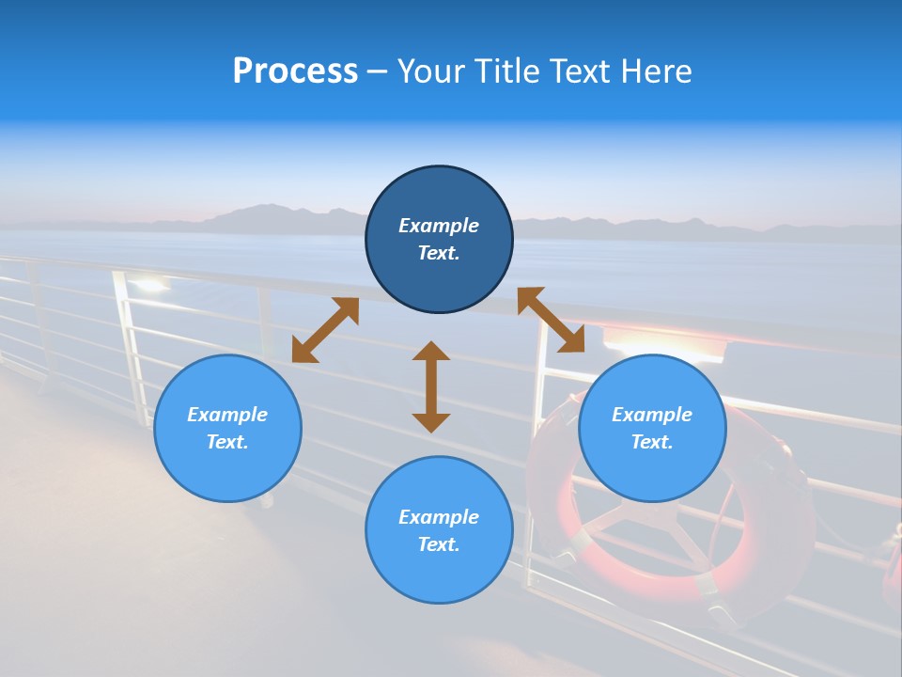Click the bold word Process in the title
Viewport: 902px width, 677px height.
click(x=295, y=71)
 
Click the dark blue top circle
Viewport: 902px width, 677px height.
click(x=439, y=239)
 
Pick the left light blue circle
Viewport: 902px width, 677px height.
click(x=227, y=428)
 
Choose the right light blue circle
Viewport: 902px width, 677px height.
click(x=652, y=428)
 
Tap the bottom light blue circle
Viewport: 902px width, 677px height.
click(x=439, y=530)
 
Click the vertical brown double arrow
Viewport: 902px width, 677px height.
click(x=431, y=386)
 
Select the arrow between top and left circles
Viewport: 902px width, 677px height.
click(x=325, y=330)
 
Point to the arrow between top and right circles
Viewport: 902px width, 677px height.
click(x=552, y=320)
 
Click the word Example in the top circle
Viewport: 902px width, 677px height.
click(x=439, y=226)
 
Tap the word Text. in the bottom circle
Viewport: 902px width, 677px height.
click(x=439, y=544)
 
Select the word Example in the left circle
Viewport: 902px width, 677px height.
click(x=227, y=415)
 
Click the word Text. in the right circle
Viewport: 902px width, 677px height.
click(x=652, y=442)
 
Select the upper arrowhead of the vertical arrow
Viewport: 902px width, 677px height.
click(x=431, y=353)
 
